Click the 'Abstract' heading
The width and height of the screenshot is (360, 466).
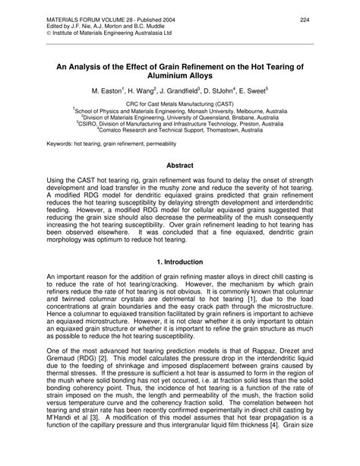tap(180, 165)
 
